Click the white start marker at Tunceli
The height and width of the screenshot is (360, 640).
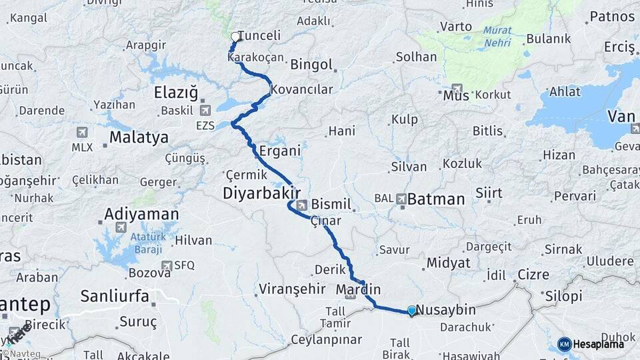(x=235, y=37)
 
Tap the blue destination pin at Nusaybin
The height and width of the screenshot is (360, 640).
(x=412, y=311)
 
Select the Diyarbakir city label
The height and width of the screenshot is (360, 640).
(x=259, y=193)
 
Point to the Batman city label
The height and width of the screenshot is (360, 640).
(x=435, y=199)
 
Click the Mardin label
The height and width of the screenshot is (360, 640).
(x=358, y=289)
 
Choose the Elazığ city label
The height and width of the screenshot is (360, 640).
(x=176, y=93)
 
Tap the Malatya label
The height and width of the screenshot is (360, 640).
(x=139, y=138)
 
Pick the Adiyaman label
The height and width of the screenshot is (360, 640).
(x=141, y=215)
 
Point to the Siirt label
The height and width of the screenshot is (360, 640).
(x=489, y=193)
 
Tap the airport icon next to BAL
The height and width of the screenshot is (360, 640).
(x=401, y=198)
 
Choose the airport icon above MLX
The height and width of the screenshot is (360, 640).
(x=82, y=133)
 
